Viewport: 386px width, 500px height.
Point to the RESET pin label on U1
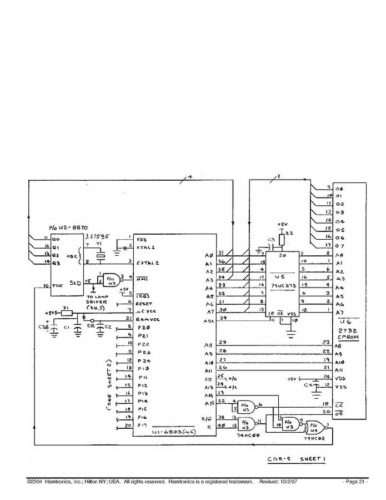pos(144,304)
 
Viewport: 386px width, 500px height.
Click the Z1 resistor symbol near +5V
pos(67,313)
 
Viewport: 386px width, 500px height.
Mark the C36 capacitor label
pos(44,328)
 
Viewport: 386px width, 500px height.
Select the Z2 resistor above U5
pos(282,239)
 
